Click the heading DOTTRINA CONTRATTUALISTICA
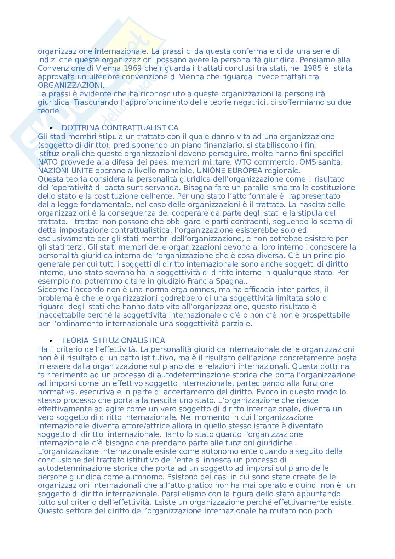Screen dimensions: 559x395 click(120, 128)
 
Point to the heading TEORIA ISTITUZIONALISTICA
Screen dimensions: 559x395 click(113, 341)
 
